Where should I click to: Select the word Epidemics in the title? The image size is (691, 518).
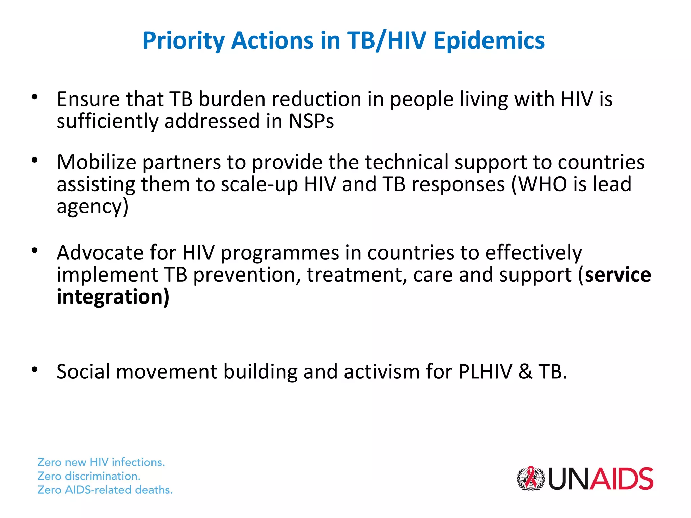tap(489, 41)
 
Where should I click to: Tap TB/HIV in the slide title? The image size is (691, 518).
tap(387, 41)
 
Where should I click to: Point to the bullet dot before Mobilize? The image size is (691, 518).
tap(34, 160)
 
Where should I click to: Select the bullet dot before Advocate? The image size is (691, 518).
tap(34, 251)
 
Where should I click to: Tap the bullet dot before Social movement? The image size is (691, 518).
tap(34, 370)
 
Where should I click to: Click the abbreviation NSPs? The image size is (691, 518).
tap(311, 121)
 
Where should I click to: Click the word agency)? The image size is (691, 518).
tap(92, 207)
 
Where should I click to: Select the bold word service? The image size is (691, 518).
tap(618, 275)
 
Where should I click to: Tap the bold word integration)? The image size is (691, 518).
tap(113, 297)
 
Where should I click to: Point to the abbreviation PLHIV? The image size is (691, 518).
tap(485, 372)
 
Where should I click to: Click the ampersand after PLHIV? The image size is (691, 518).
tap(525, 372)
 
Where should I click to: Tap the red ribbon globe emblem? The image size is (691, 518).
tap(531, 478)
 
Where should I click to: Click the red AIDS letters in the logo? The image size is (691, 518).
tap(621, 479)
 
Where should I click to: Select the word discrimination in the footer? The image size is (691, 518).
tap(102, 476)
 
